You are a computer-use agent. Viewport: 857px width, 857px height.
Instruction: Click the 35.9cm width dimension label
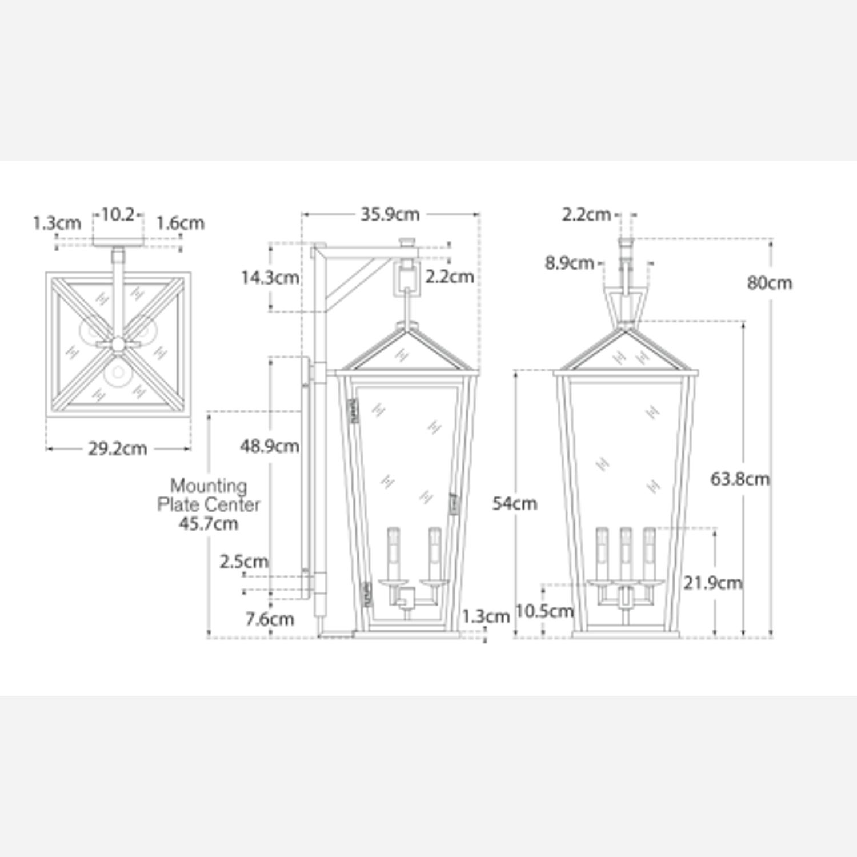tap(390, 214)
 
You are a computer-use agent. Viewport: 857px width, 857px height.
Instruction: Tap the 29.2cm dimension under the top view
tap(117, 448)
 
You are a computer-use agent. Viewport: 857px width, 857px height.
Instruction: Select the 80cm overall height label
tap(770, 282)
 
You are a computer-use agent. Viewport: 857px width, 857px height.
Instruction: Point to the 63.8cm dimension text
tap(740, 479)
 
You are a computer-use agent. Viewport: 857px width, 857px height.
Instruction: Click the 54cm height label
tap(515, 503)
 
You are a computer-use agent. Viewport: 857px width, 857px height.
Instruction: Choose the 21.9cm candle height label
tap(713, 583)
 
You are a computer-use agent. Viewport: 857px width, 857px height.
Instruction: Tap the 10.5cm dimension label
tap(544, 611)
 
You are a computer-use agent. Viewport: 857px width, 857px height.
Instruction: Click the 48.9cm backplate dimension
tap(270, 446)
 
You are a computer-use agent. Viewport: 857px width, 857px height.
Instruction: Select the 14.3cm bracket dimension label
tap(270, 278)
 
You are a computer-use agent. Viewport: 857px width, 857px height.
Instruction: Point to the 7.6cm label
tap(270, 619)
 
